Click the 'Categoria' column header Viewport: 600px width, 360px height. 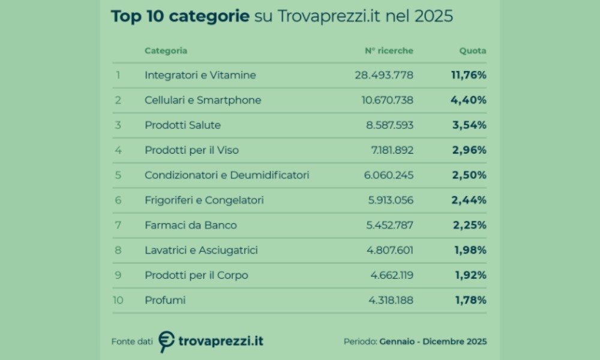(x=166, y=51)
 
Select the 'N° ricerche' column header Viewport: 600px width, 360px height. (x=389, y=51)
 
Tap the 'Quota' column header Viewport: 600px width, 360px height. (x=473, y=51)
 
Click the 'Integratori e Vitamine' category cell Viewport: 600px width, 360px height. (x=200, y=75)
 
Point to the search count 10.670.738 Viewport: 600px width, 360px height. (x=387, y=100)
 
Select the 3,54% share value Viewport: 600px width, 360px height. (x=469, y=125)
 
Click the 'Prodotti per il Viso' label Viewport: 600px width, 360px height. (x=191, y=150)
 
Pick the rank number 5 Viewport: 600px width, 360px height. (x=118, y=175)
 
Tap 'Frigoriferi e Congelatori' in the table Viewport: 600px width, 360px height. (x=204, y=200)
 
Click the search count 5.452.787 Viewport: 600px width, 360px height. (x=390, y=225)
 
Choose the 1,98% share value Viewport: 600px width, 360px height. (x=470, y=250)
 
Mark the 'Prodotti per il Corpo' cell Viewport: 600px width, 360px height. (x=196, y=275)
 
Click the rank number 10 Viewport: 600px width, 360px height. (x=118, y=300)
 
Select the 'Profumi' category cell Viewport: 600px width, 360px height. (x=165, y=300)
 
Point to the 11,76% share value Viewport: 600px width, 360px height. (x=469, y=75)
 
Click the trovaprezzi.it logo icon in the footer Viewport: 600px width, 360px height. (x=167, y=341)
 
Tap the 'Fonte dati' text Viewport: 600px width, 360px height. (x=132, y=341)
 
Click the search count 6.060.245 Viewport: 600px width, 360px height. (x=390, y=175)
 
